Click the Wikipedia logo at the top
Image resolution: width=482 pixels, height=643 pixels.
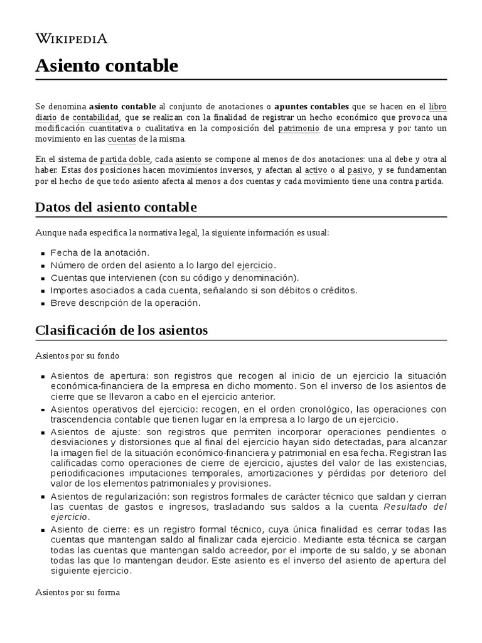tap(72, 39)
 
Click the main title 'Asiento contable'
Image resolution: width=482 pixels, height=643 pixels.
tap(107, 66)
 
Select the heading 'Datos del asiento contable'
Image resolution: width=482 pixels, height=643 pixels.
tap(116, 207)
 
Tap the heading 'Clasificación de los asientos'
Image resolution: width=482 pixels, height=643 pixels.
tap(122, 330)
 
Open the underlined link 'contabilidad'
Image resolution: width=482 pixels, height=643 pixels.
tap(95, 117)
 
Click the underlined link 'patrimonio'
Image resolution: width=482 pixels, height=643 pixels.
tap(299, 128)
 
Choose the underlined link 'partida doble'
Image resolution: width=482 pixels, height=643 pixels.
tap(125, 159)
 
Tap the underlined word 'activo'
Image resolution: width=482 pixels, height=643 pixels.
tap(316, 170)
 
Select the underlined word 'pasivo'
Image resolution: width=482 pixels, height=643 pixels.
tap(360, 170)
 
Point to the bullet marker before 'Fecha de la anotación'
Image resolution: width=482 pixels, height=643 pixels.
tap(42, 253)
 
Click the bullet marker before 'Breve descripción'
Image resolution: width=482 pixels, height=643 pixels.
tap(42, 303)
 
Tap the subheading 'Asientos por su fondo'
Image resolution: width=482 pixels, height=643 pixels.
tap(77, 356)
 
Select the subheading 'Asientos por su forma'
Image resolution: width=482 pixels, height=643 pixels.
tap(77, 592)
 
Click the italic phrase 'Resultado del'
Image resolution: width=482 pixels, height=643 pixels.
tap(415, 506)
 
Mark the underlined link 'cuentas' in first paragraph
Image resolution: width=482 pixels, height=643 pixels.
tap(122, 139)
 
